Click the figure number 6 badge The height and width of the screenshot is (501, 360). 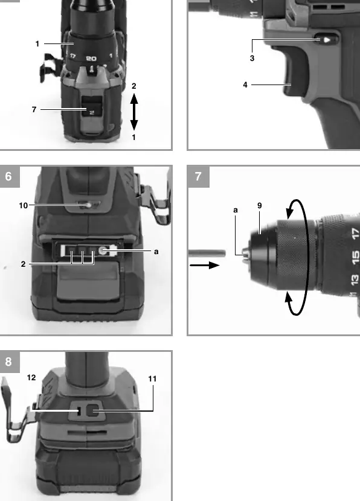coord(9,176)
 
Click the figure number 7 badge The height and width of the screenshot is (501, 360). coord(199,176)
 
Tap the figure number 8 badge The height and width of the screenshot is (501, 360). coord(9,362)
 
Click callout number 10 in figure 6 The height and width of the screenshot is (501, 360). coord(24,205)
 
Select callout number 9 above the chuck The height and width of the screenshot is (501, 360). coord(259,205)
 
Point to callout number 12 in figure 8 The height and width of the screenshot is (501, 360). coord(31,378)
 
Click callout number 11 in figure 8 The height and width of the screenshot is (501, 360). coord(152,379)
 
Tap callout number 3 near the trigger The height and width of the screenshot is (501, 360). coord(252,58)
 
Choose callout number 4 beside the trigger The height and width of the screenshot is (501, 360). coord(245,85)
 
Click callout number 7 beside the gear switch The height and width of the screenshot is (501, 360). coord(34,110)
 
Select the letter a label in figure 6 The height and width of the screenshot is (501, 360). coord(156,252)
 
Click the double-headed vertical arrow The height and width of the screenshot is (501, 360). coord(134,112)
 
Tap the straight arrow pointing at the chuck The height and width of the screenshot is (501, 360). coord(205,265)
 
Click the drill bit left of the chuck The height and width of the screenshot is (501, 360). coord(207,254)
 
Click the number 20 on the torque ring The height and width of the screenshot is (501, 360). coord(91,59)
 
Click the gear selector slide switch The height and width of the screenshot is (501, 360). coord(92,107)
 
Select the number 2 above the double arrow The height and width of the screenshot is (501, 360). coord(133,86)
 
